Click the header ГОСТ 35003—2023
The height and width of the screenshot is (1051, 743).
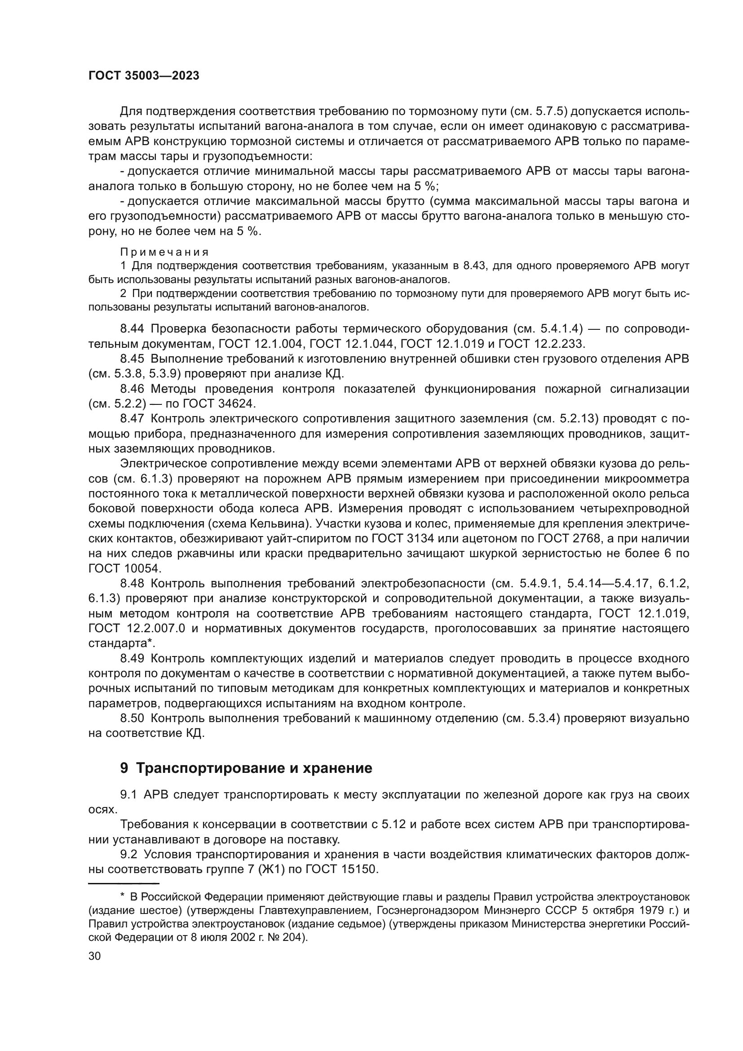(x=144, y=76)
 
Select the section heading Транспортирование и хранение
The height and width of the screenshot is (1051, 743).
(x=254, y=768)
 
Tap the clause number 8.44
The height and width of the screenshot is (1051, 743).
(x=132, y=328)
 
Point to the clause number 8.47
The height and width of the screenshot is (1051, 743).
(x=132, y=418)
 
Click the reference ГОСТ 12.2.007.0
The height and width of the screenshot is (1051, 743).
(x=137, y=629)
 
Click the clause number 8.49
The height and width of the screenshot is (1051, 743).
(x=132, y=658)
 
